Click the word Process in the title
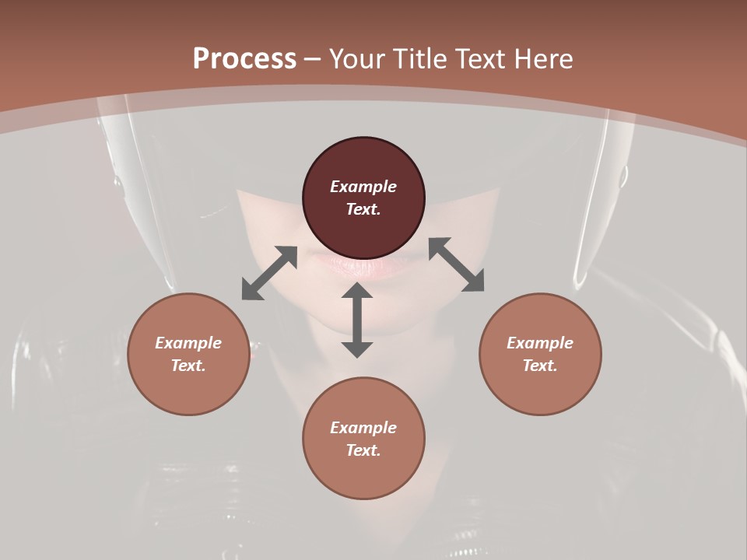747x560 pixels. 244,59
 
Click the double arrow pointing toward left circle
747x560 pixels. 269,273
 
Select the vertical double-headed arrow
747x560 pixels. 357,320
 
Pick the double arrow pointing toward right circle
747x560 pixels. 457,264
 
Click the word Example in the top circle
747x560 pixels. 363,187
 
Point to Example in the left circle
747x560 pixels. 188,343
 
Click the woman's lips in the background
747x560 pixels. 366,266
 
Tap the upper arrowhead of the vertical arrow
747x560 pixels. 357,292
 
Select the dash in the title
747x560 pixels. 313,59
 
